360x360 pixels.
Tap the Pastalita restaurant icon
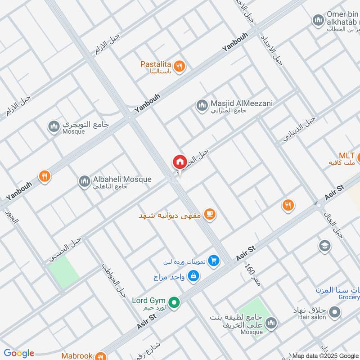180,66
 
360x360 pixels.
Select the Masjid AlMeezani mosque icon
202,106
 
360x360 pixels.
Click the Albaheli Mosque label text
122,180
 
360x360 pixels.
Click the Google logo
19,353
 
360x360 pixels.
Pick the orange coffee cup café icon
209,215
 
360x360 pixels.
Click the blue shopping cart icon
214,261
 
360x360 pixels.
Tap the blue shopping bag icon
193,275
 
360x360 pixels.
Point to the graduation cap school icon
324,246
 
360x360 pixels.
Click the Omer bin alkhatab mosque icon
318,20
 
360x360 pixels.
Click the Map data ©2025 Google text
325,356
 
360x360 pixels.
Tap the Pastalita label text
155,64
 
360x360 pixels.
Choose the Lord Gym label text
148,301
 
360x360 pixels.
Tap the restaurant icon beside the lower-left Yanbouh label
44,176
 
